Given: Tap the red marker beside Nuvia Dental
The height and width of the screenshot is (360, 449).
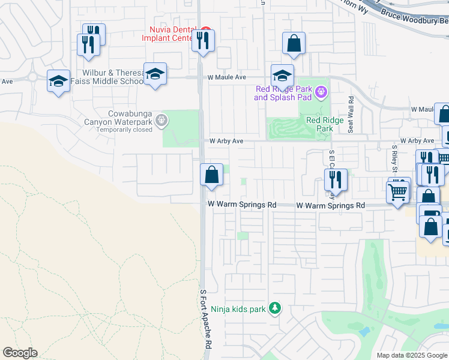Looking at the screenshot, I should (205, 29).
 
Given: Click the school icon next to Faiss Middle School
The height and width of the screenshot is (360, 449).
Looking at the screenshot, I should (155, 74).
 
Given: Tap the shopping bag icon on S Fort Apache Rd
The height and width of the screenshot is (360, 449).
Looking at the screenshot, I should (211, 176).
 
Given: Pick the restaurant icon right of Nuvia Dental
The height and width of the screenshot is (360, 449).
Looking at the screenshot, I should (203, 41).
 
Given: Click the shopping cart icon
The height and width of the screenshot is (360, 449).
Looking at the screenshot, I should (398, 193).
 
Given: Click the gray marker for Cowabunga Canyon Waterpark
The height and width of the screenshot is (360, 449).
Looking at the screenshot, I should (161, 121).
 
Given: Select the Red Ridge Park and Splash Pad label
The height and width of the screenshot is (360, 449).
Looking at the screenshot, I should (282, 93).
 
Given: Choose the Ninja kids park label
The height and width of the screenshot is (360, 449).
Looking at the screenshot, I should (238, 310).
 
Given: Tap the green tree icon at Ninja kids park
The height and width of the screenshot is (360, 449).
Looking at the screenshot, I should (275, 308).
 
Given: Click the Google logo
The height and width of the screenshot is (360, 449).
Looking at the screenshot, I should (20, 353).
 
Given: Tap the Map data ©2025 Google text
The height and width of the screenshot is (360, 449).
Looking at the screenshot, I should (411, 355).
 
